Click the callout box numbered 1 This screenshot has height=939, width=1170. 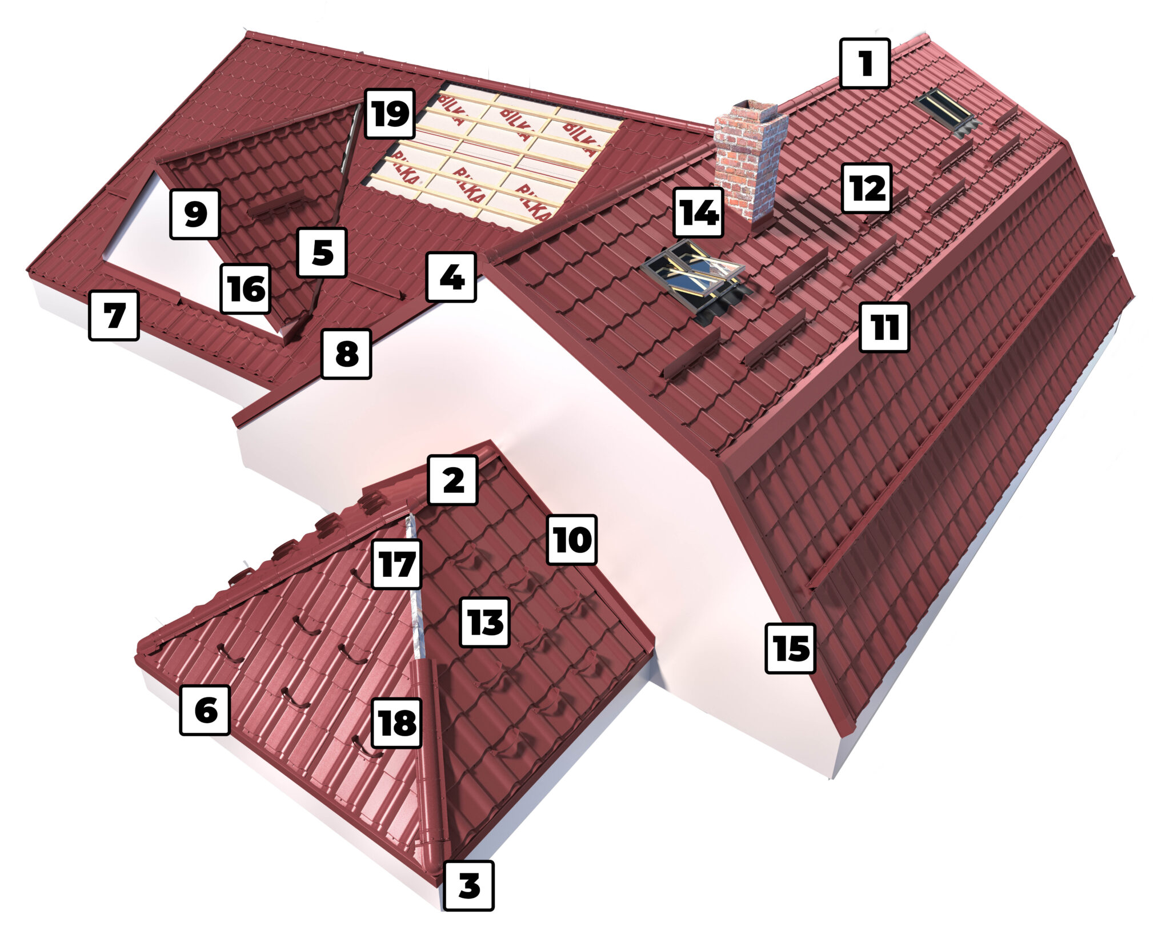pyautogui.click(x=865, y=63)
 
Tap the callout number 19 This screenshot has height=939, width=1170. pyautogui.click(x=390, y=113)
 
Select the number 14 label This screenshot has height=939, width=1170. pyautogui.click(x=698, y=213)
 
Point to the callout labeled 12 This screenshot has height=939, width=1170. pyautogui.click(x=866, y=188)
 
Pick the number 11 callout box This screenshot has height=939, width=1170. pyautogui.click(x=884, y=327)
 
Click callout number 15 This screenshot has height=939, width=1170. pyautogui.click(x=791, y=648)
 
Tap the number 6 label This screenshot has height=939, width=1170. pyautogui.click(x=205, y=710)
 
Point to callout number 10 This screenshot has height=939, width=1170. pyautogui.click(x=572, y=540)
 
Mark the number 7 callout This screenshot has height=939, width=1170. pyautogui.click(x=114, y=316)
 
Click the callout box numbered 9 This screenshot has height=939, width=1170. pyautogui.click(x=195, y=214)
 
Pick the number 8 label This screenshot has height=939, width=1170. pyautogui.click(x=347, y=354)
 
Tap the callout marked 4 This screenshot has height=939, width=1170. pyautogui.click(x=451, y=277)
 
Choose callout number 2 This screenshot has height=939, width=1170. pyautogui.click(x=452, y=480)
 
